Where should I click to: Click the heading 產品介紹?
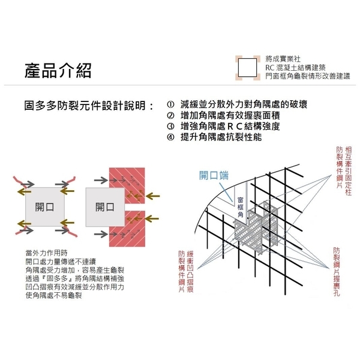point(59,71)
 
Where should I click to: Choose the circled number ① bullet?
point(170,104)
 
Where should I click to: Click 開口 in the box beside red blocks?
point(105,207)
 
